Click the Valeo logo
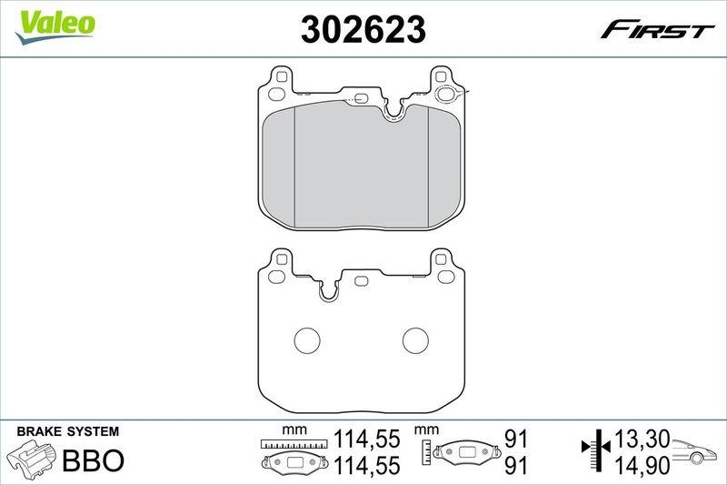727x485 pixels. point(57,23)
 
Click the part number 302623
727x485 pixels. point(363,31)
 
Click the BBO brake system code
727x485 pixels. point(93,460)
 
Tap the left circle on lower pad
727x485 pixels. point(306,339)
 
